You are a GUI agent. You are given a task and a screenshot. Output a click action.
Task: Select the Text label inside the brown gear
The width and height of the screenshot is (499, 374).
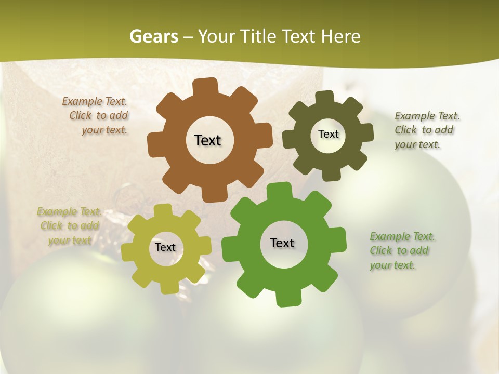(207, 140)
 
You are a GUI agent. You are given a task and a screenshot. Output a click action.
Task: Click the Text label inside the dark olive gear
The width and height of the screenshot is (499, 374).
(328, 134)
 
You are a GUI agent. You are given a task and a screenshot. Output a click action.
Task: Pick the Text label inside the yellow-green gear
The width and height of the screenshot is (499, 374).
(165, 247)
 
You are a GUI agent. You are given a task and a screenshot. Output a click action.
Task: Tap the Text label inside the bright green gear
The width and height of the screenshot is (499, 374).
(282, 243)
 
